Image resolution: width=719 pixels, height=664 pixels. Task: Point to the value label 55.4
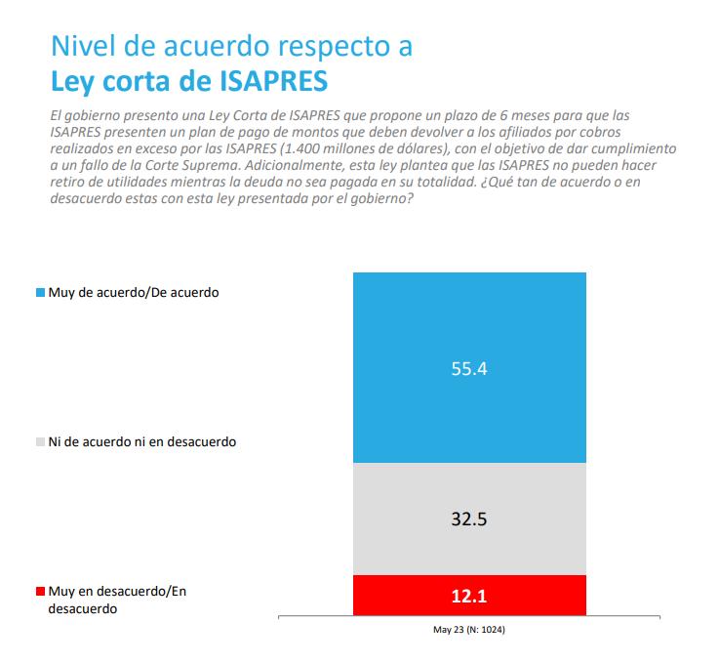click(469, 371)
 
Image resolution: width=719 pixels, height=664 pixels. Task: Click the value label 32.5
click(469, 519)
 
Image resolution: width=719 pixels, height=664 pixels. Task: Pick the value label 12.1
click(469, 596)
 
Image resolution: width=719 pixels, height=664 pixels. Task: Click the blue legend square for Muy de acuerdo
click(40, 292)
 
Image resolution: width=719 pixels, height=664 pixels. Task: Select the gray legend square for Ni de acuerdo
click(40, 441)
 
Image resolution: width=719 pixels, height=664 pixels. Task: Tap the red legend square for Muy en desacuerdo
click(40, 592)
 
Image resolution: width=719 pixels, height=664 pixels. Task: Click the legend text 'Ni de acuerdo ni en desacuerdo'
click(142, 441)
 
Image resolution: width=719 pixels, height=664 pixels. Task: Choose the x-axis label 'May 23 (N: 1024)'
click(469, 630)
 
